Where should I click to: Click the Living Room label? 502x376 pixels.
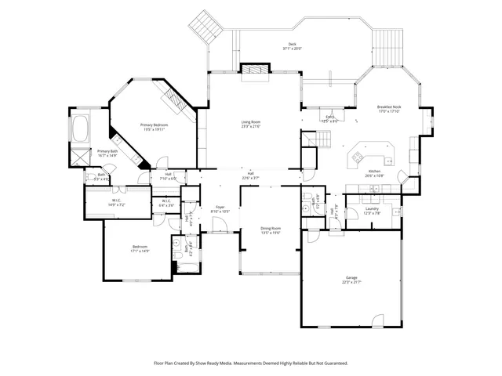(250, 124)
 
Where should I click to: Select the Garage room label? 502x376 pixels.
(351, 279)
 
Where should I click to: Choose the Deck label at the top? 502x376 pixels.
(291, 46)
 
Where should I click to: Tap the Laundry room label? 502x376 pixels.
(372, 210)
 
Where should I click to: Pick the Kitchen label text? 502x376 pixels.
(375, 172)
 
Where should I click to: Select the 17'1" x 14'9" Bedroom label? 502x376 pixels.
(139, 248)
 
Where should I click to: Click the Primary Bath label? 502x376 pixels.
(107, 153)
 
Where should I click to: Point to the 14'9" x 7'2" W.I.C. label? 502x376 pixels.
(117, 203)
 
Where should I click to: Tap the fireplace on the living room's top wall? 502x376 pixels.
(254, 71)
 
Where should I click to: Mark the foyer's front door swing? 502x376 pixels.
(222, 228)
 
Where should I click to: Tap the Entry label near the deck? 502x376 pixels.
(330, 118)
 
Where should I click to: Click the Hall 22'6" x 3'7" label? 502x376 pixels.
(250, 175)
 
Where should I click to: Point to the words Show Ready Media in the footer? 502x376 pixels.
(225, 363)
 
